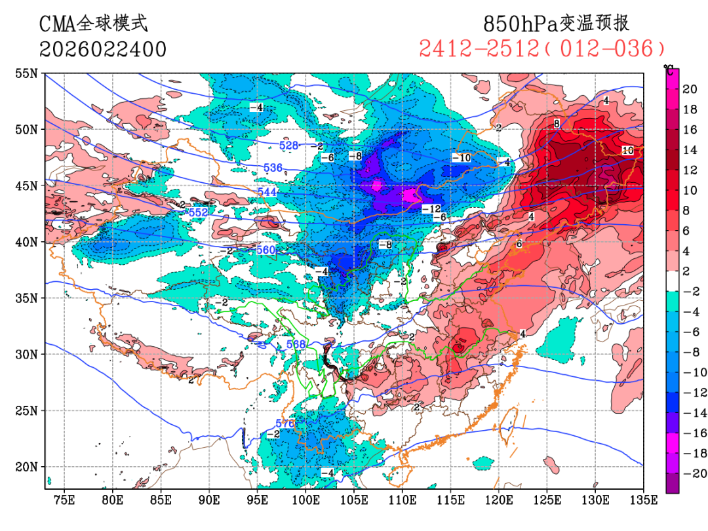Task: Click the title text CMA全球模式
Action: click(x=94, y=24)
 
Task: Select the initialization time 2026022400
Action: click(x=103, y=49)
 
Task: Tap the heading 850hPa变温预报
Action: click(x=556, y=24)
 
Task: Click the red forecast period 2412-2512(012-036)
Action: click(x=542, y=49)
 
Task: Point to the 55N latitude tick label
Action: click(x=27, y=73)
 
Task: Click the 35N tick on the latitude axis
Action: click(x=27, y=298)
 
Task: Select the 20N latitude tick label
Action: click(x=27, y=467)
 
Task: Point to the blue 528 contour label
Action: click(x=289, y=145)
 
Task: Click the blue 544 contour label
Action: click(x=267, y=191)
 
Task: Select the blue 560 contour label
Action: click(x=266, y=250)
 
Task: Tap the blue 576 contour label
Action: click(x=285, y=423)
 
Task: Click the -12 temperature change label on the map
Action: click(x=431, y=208)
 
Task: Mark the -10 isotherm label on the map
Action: click(x=461, y=157)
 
